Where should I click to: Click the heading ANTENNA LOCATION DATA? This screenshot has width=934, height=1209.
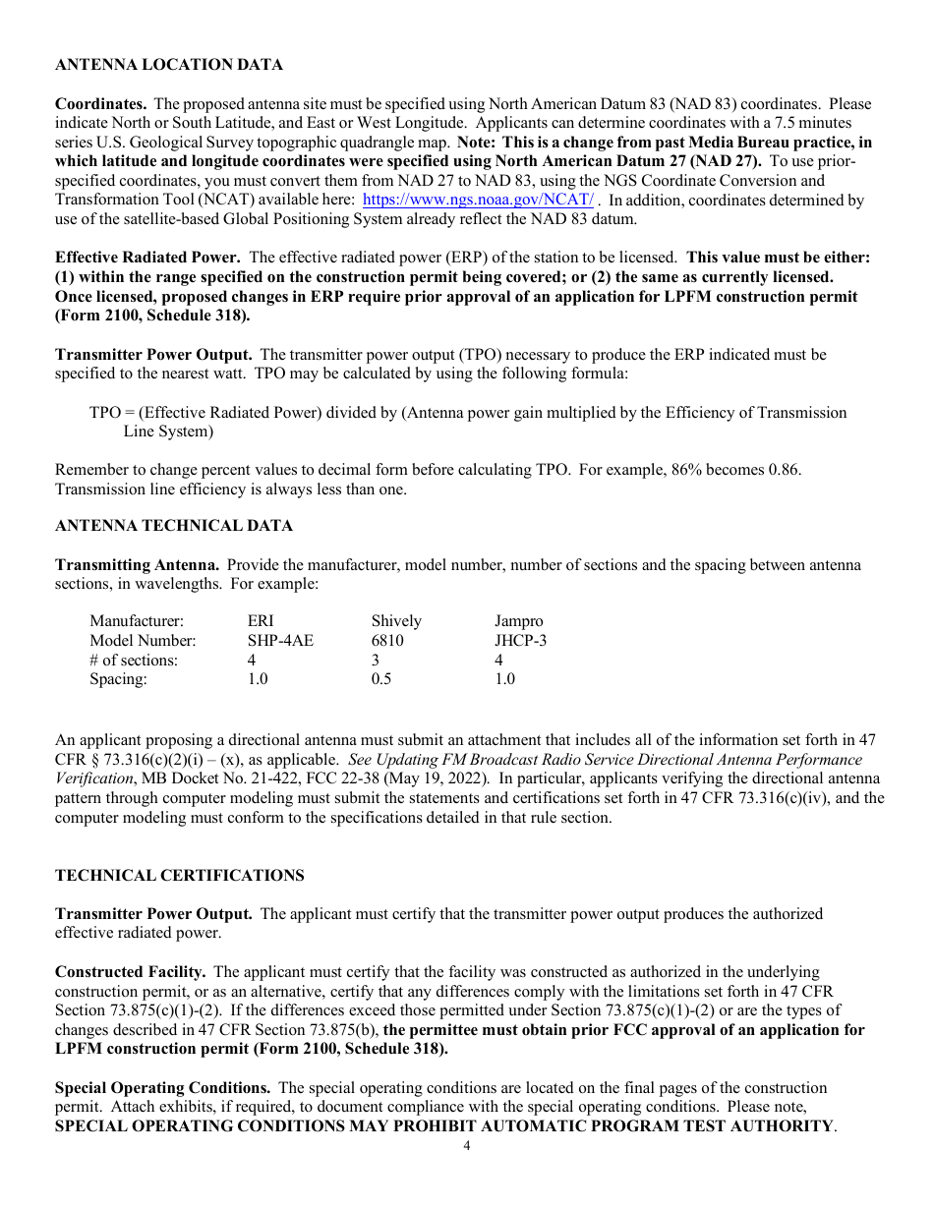point(168,65)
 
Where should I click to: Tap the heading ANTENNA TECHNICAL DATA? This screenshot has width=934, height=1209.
point(173,526)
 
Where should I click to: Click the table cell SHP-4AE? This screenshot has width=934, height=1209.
point(280,641)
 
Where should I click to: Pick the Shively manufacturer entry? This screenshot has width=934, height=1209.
point(396,621)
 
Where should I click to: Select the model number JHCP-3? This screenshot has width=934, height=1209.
point(520,641)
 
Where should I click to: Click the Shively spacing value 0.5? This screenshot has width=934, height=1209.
point(380,679)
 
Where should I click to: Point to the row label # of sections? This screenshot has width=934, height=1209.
point(134,661)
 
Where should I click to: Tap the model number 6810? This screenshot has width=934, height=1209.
point(387,641)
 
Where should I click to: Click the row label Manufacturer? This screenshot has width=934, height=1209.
point(137,621)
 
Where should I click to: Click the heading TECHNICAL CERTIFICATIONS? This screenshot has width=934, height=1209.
point(179,876)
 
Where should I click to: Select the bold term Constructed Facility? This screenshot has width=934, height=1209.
point(130,972)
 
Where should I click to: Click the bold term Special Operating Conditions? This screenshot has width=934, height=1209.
point(162,1088)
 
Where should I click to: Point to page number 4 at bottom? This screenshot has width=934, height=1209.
point(467,1146)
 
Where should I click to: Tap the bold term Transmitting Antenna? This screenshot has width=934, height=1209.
point(137,565)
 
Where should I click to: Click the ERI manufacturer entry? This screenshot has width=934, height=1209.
point(261,621)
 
